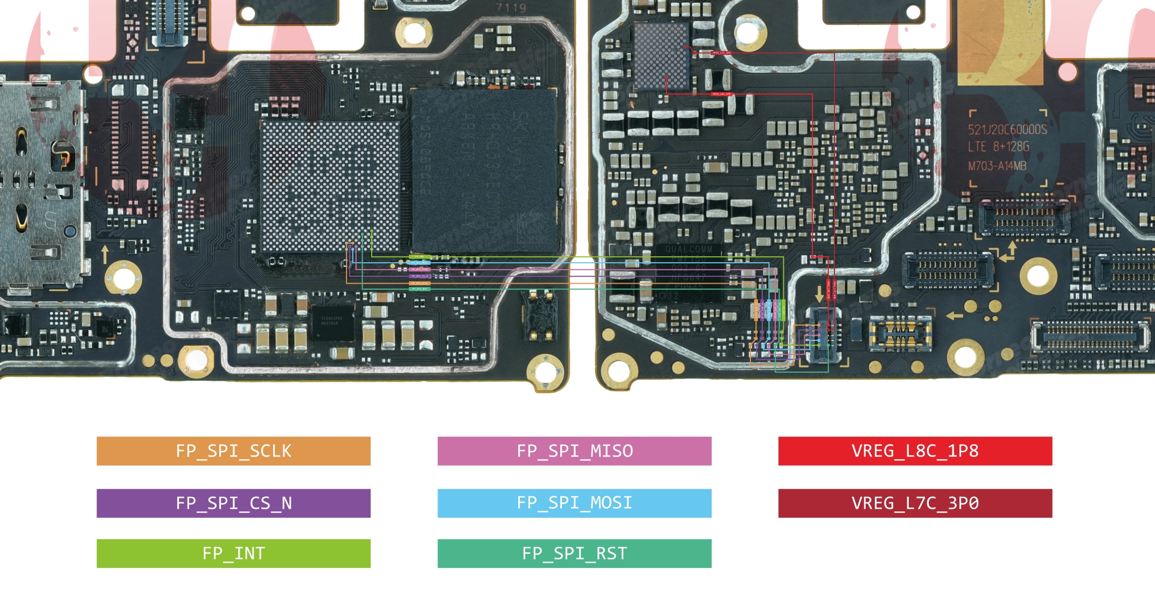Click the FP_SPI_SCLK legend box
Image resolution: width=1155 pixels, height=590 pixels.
point(233,451)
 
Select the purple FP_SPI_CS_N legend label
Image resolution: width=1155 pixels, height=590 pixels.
point(233,503)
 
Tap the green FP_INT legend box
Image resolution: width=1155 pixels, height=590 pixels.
point(233,553)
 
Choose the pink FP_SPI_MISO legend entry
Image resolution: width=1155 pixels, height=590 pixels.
point(574,451)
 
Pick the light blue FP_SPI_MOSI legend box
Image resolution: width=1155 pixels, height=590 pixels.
point(574,503)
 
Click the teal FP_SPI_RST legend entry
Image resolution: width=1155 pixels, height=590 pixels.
point(574,553)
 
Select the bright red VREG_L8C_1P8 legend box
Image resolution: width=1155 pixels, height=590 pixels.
point(915,451)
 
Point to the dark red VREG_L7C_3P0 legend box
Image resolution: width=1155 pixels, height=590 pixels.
point(915,503)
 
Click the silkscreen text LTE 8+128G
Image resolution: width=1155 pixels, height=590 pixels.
point(998,147)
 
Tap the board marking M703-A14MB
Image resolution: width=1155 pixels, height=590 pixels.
point(997,166)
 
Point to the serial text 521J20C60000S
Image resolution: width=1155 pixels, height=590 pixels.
point(1007,130)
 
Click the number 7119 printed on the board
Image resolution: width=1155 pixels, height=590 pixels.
point(511,8)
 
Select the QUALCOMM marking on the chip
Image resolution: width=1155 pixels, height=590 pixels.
point(688,249)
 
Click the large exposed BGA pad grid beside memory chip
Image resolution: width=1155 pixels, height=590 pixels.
point(330,186)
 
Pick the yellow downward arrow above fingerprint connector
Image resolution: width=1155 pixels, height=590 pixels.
point(819,294)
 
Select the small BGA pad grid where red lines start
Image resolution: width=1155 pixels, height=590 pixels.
point(662,56)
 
